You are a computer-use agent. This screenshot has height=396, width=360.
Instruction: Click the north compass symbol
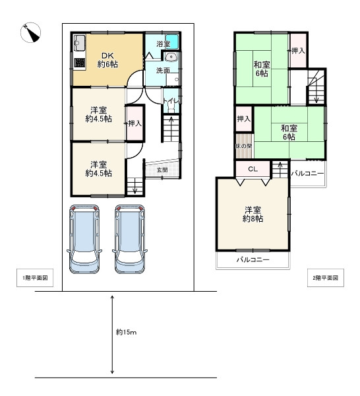(30, 32)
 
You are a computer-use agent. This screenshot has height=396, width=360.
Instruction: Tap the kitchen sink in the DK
(80, 43)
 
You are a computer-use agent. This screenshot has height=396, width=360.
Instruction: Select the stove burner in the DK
(80, 63)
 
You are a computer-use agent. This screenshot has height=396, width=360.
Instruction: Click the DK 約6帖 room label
(107, 60)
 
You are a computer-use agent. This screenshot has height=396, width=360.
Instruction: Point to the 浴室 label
(164, 44)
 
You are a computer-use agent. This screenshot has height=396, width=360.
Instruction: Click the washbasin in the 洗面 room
(171, 57)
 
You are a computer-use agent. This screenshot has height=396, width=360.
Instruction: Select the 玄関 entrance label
(162, 170)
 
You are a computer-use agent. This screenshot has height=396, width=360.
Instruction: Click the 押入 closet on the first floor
(135, 123)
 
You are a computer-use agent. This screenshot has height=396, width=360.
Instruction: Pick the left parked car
(84, 239)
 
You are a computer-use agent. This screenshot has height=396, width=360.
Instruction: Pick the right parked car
(130, 239)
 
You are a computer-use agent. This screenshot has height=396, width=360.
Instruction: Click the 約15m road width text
(127, 332)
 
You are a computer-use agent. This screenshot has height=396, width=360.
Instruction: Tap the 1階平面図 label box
(35, 278)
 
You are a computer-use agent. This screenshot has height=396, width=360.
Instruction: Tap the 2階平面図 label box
(326, 278)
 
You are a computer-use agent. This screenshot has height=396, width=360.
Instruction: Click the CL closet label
(253, 169)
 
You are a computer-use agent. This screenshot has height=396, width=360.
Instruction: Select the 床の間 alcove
(244, 146)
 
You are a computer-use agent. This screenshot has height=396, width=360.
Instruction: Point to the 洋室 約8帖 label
(253, 214)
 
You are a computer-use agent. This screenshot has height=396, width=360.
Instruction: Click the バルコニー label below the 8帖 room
(253, 259)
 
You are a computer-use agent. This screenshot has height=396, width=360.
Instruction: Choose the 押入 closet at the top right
(298, 51)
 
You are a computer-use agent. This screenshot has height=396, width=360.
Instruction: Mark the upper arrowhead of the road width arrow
(112, 297)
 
